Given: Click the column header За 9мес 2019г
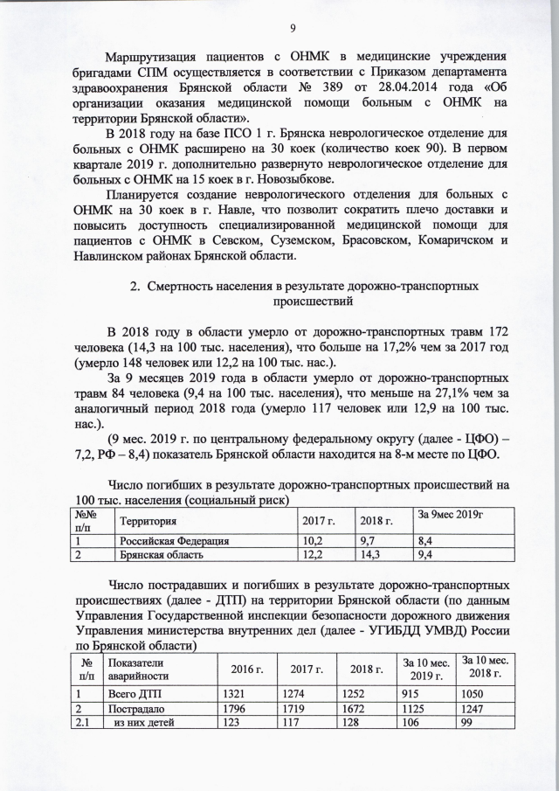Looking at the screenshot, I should pyautogui.click(x=452, y=514).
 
